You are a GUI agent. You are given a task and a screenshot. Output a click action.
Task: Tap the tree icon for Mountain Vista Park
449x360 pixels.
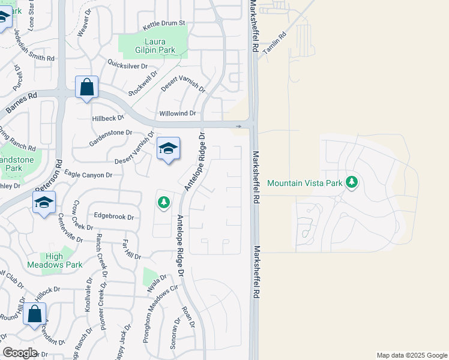353,182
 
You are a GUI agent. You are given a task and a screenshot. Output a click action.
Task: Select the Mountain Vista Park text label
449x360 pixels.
304,183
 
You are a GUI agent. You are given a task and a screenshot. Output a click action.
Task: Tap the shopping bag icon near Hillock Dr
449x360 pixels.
34,313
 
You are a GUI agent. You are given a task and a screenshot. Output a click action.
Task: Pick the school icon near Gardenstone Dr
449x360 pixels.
168,149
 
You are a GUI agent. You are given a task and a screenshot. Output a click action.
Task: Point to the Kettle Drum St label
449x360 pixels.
165,23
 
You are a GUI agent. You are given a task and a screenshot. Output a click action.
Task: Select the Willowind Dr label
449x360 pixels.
178,113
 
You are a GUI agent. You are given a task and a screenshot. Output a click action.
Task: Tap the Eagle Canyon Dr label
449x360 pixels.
88,175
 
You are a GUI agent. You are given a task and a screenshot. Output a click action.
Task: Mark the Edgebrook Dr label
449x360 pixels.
113,216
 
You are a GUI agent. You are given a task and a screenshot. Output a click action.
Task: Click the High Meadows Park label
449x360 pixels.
54,260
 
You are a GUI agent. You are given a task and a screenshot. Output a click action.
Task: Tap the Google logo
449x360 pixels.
20,353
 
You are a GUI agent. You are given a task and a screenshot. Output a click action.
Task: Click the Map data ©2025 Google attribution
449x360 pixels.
411,355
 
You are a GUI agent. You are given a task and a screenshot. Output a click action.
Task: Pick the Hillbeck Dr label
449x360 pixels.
108,119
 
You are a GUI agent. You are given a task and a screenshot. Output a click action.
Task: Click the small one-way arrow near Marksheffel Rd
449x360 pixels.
239,127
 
